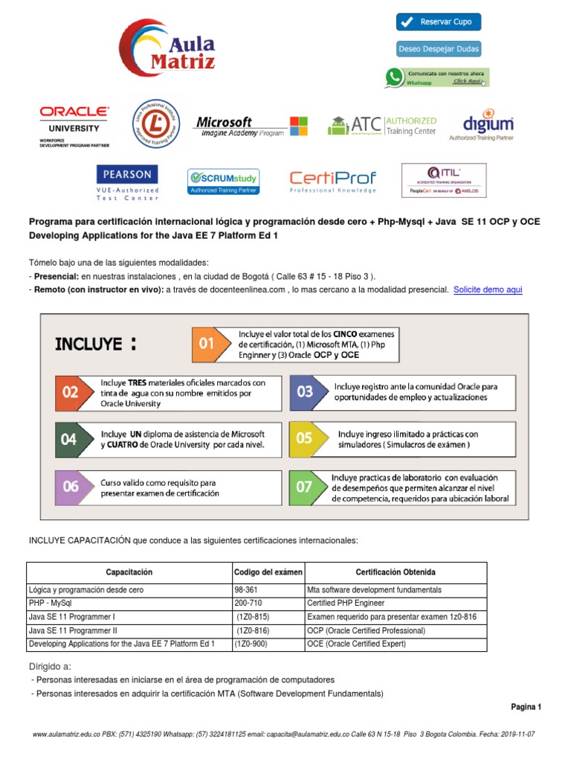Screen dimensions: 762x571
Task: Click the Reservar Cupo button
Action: [439, 22]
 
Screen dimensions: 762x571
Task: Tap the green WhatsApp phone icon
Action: [393, 77]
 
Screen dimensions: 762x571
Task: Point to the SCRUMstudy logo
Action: [223, 182]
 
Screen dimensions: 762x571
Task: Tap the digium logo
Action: [488, 127]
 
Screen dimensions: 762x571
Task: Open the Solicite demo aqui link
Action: [488, 289]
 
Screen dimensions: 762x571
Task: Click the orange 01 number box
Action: [207, 344]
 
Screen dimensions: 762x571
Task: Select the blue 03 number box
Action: [305, 391]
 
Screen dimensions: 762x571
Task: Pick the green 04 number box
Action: [69, 439]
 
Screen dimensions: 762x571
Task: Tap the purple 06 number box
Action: [70, 487]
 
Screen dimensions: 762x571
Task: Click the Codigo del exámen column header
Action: [268, 572]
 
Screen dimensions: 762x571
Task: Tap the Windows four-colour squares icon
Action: [298, 126]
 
